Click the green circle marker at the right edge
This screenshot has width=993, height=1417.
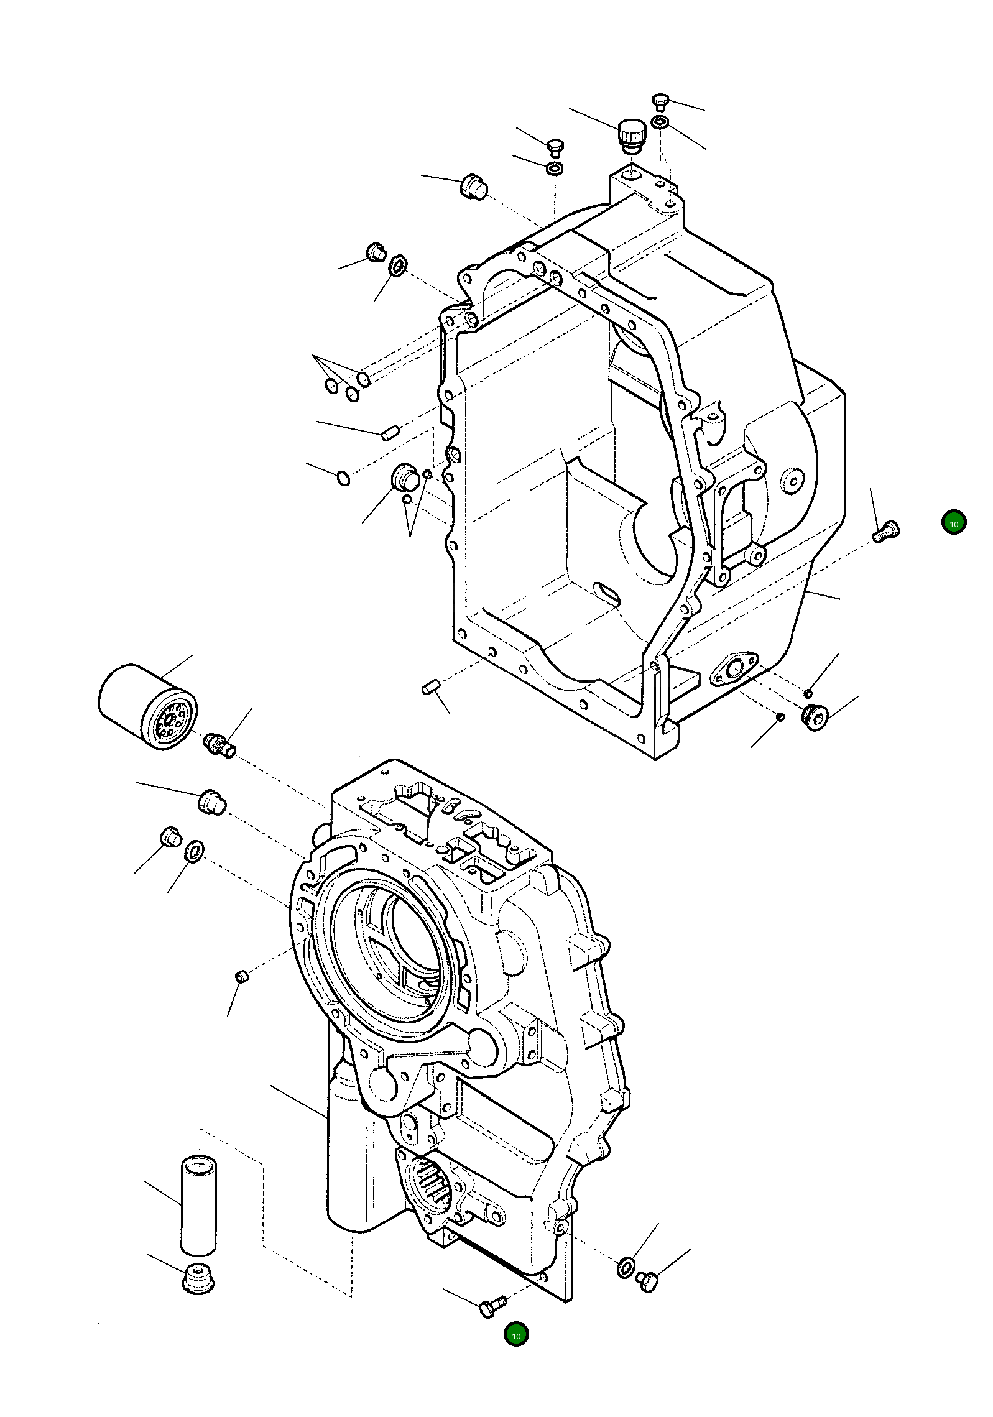(x=953, y=523)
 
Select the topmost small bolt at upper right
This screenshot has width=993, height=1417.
(x=660, y=101)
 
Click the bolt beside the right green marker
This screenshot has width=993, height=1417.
(x=885, y=530)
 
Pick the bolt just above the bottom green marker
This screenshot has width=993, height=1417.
(x=493, y=1305)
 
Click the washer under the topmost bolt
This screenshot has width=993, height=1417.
(x=660, y=122)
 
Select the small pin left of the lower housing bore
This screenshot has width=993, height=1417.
(x=242, y=977)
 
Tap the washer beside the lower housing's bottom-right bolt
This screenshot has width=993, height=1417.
(x=626, y=1266)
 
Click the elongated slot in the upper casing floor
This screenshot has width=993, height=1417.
(x=607, y=594)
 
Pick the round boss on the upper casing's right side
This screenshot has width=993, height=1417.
(x=792, y=480)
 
